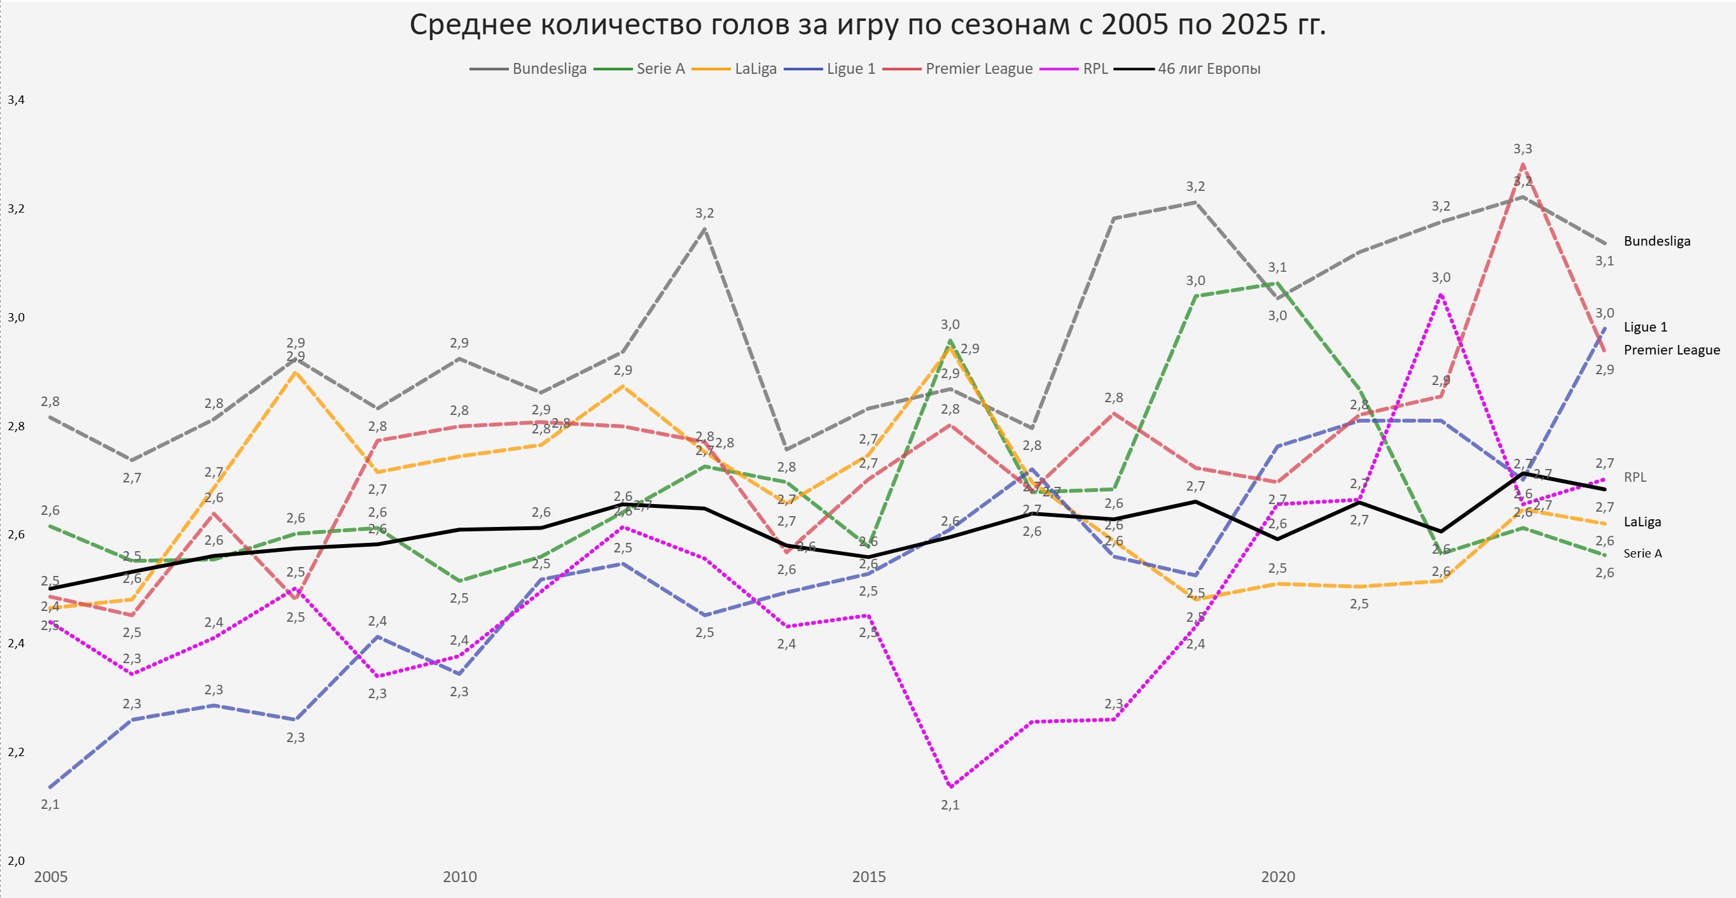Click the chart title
pyautogui.click(x=867, y=25)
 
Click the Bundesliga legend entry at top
pyautogui.click(x=549, y=69)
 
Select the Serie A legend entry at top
pyautogui.click(x=660, y=69)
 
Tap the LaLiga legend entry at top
pyautogui.click(x=756, y=69)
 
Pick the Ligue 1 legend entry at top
pyautogui.click(x=851, y=69)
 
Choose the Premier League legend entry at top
pyautogui.click(x=978, y=69)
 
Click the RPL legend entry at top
pyautogui.click(x=1095, y=69)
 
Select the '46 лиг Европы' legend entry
pyautogui.click(x=1208, y=69)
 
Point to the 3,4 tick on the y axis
pyautogui.click(x=15, y=100)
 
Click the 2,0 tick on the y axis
pyautogui.click(x=15, y=861)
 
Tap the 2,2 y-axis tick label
pyautogui.click(x=15, y=752)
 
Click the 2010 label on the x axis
pyautogui.click(x=460, y=877)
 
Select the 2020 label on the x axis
pyautogui.click(x=1278, y=877)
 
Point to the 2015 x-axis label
pyautogui.click(x=869, y=877)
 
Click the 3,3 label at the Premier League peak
pyautogui.click(x=1522, y=149)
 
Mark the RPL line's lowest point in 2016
pyautogui.click(x=950, y=787)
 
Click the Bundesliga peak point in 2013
pyautogui.click(x=704, y=229)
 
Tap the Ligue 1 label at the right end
pyautogui.click(x=1645, y=327)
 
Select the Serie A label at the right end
pyautogui.click(x=1642, y=554)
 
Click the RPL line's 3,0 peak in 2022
pyautogui.click(x=1441, y=295)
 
